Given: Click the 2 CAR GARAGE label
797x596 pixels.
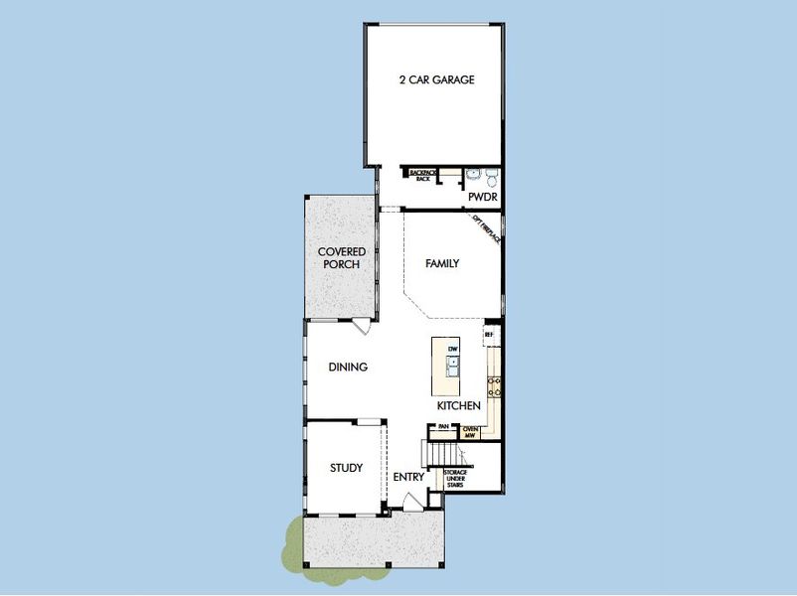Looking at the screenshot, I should (x=435, y=80).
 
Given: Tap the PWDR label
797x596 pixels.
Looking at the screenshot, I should (x=482, y=197).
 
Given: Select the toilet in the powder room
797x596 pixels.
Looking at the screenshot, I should (x=491, y=179).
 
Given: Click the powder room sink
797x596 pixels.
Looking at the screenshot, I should (x=473, y=177).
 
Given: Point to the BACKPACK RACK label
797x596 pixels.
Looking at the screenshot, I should (x=423, y=175).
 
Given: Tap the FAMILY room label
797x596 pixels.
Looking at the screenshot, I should (x=442, y=263).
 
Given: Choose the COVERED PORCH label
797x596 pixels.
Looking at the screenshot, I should (x=342, y=258).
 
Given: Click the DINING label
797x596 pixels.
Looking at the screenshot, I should (x=348, y=367).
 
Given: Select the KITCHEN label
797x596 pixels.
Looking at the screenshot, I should (x=459, y=405).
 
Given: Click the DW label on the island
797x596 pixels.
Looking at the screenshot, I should (x=452, y=350).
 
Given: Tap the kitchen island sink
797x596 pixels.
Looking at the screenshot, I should (x=452, y=369).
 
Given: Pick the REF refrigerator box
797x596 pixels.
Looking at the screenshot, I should (x=490, y=336).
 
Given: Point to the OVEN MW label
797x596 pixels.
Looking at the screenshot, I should (x=472, y=431).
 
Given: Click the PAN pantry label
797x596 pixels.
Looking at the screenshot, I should (x=443, y=426).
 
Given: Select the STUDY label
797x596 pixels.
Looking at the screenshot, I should (x=346, y=467).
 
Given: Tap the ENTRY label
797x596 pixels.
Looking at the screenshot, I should (x=408, y=477).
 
